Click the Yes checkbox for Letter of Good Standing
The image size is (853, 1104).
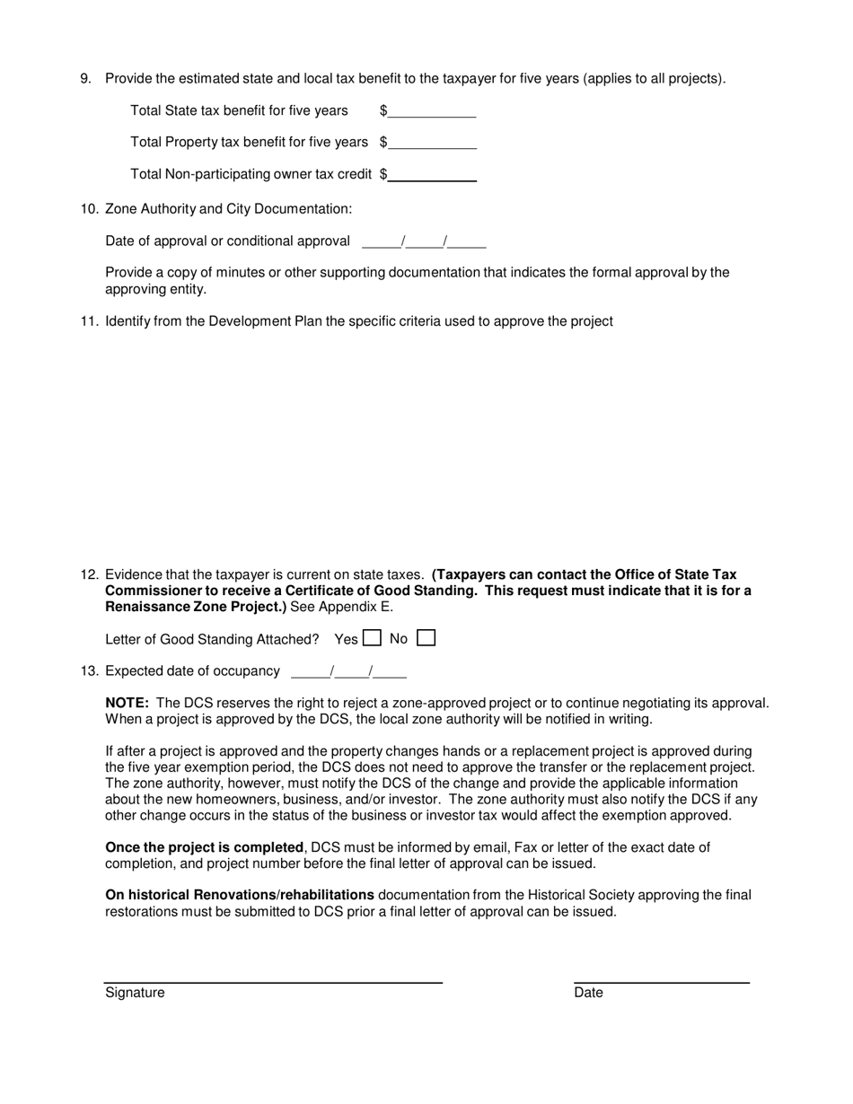[372, 639]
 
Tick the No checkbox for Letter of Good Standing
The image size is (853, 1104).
[426, 639]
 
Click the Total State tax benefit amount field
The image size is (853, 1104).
[432, 111]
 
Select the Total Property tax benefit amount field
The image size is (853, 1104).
[432, 143]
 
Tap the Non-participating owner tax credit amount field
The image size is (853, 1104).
[432, 174]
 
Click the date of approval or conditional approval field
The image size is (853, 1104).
[424, 241]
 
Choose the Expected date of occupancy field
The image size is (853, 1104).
[348, 671]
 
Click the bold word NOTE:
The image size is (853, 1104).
[127, 704]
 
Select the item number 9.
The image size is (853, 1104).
[86, 79]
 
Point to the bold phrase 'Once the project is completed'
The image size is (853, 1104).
[204, 847]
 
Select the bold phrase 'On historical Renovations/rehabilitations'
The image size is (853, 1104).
[240, 895]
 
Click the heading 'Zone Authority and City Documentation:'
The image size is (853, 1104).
[229, 209]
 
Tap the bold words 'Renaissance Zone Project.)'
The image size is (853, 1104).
[196, 607]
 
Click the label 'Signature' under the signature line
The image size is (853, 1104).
[135, 993]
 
